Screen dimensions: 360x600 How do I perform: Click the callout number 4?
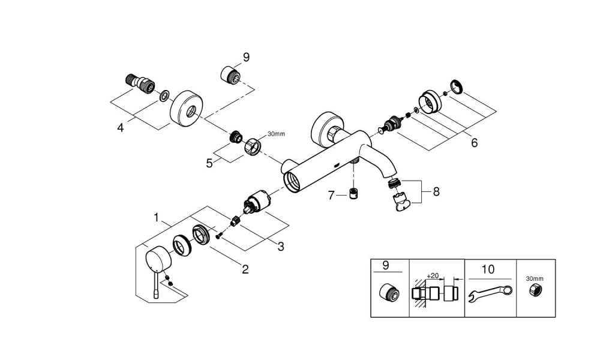click(x=121, y=128)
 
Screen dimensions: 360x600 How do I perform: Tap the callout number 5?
click(x=209, y=163)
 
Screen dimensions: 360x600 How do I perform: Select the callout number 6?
click(x=474, y=143)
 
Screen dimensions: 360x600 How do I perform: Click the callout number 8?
click(x=436, y=192)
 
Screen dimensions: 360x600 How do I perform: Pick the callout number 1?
click(x=157, y=218)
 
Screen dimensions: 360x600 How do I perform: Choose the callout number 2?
click(x=245, y=269)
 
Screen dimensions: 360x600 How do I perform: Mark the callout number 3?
click(x=280, y=245)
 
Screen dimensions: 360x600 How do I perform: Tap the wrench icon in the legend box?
click(x=490, y=294)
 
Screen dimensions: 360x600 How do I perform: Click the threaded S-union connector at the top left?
click(x=140, y=83)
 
